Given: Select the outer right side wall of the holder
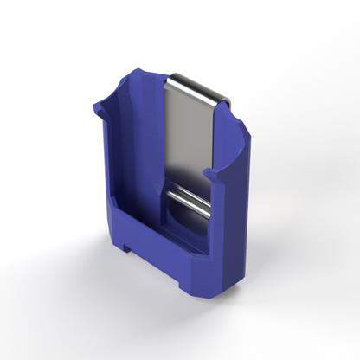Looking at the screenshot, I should tap(232, 225).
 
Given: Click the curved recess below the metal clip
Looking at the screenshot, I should tap(184, 227).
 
